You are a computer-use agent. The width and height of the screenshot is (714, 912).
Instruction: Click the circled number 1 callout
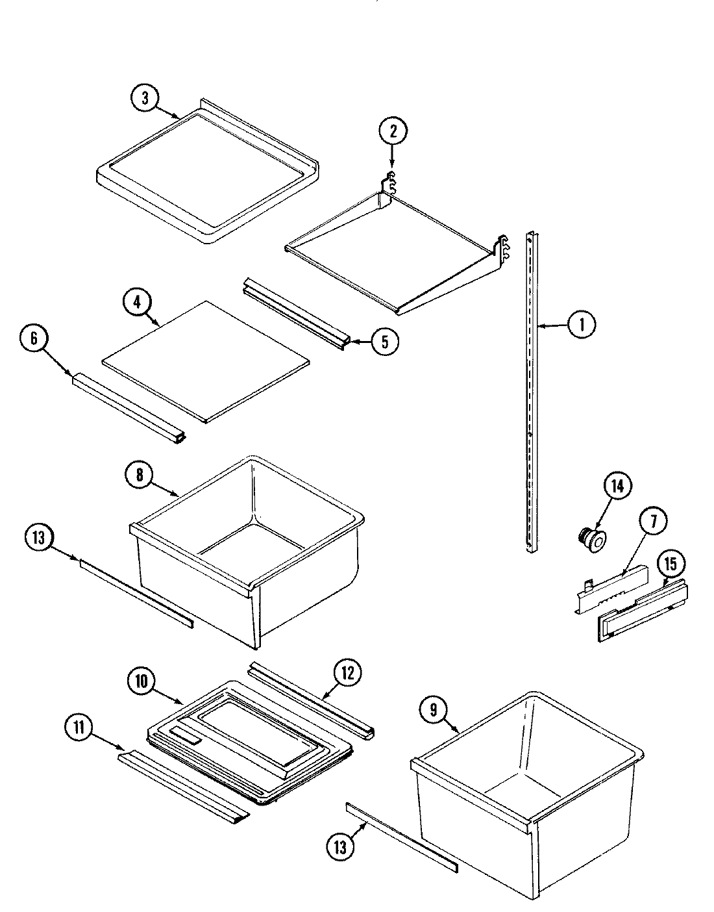coord(582,324)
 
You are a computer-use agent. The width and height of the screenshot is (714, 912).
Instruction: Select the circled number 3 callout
coord(145,98)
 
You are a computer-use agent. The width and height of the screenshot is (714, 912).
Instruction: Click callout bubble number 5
coord(385,342)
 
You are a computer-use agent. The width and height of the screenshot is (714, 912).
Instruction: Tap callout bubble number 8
coord(140,475)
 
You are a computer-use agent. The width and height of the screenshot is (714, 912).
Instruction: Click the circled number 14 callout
coord(617,487)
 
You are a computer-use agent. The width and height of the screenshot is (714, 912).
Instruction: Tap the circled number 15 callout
coord(671,564)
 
